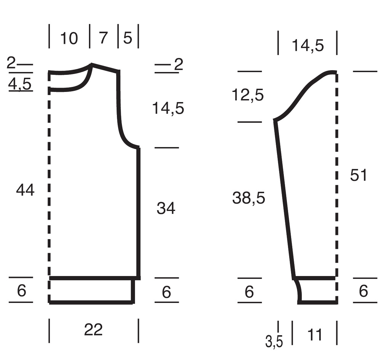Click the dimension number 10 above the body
[69, 39]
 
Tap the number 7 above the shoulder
[103, 38]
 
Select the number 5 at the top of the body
[128, 38]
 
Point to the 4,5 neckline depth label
[20, 84]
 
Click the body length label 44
[25, 190]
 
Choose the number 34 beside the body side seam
[166, 208]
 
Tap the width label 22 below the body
[93, 329]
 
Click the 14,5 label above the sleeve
[307, 45]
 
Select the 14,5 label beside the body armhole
[168, 108]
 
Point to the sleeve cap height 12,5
[248, 95]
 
